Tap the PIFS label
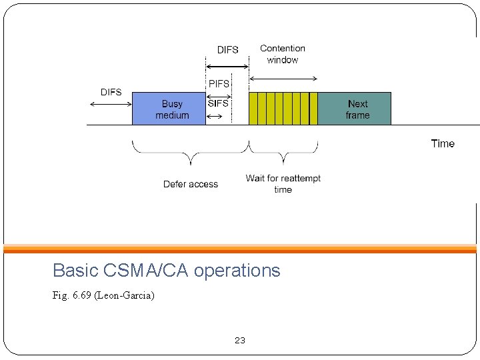tap(219, 84)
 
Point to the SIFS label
tap(218, 103)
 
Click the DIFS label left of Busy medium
tap(111, 92)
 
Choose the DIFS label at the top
tap(227, 50)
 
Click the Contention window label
tap(283, 54)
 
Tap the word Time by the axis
tap(443, 143)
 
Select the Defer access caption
tap(191, 184)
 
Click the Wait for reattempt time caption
tap(283, 184)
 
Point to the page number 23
tap(240, 341)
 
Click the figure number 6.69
tap(81, 295)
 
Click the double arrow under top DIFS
tap(227, 67)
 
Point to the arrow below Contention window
tap(283, 79)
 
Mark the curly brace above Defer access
tap(191, 155)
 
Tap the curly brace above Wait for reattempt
tap(283, 155)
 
